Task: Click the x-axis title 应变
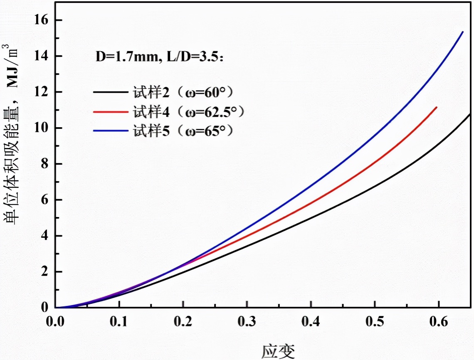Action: [x=278, y=351]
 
